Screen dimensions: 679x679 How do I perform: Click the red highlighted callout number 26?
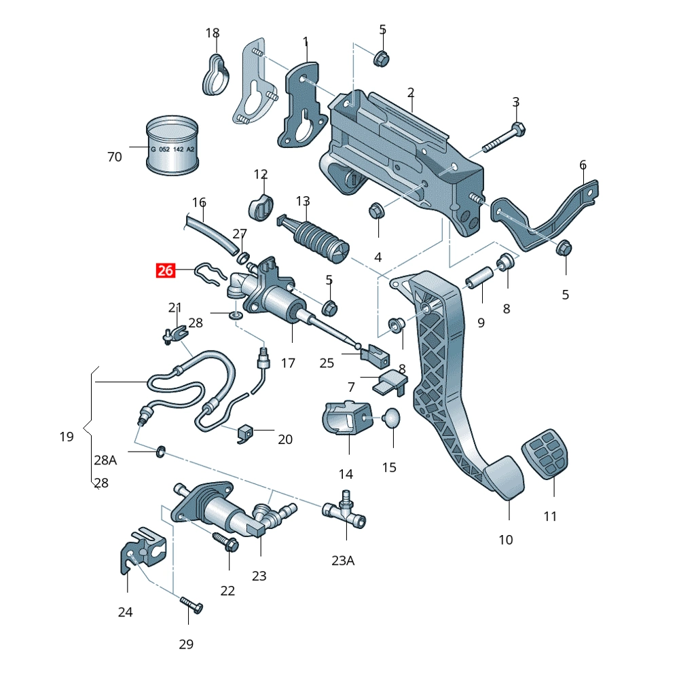pyautogui.click(x=166, y=271)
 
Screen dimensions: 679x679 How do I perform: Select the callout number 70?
pyautogui.click(x=115, y=157)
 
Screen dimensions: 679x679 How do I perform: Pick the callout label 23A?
pyautogui.click(x=343, y=560)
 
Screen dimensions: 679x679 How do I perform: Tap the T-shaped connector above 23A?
pyautogui.click(x=346, y=513)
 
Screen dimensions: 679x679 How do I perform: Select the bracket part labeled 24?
pyautogui.click(x=143, y=546)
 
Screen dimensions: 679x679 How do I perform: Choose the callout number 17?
pyautogui.click(x=288, y=363)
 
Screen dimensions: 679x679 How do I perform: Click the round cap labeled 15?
pyautogui.click(x=392, y=419)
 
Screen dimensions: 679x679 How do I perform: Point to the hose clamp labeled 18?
pyautogui.click(x=214, y=77)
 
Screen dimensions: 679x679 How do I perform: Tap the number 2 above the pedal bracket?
pyautogui.click(x=411, y=92)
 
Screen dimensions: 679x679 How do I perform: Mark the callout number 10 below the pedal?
pyautogui.click(x=506, y=540)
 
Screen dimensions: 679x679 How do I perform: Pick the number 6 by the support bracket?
pyautogui.click(x=583, y=165)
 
